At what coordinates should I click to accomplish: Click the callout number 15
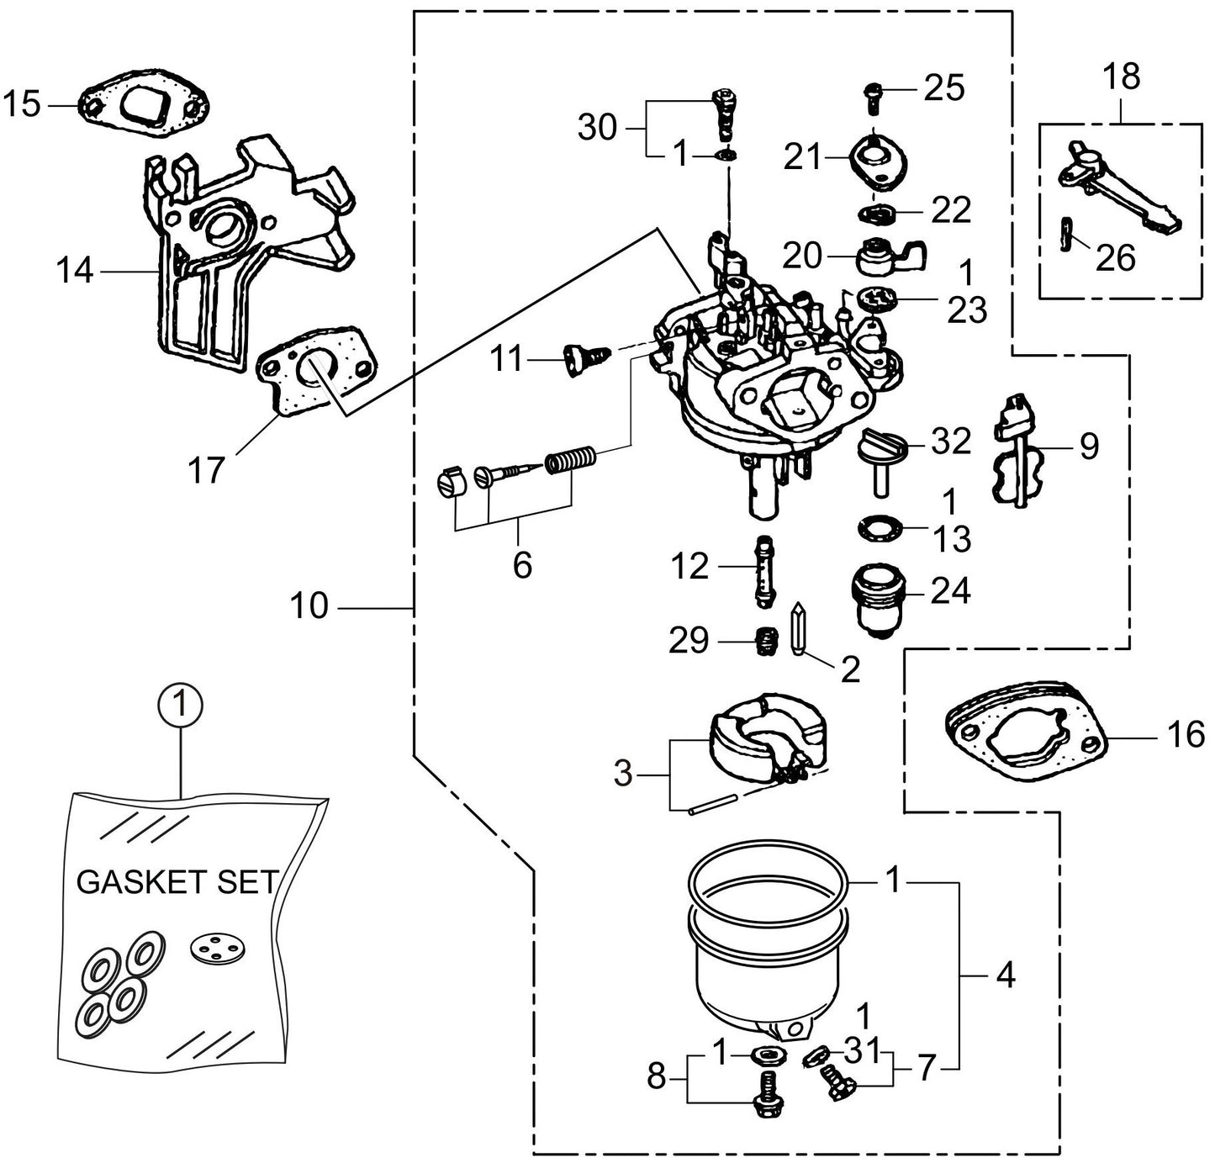(22, 105)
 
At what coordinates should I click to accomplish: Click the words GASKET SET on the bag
(177, 881)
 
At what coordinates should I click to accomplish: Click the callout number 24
(950, 591)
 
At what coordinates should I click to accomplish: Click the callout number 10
(309, 605)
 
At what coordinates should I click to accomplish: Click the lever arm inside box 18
(1119, 188)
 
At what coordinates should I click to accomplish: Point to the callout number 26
(1116, 257)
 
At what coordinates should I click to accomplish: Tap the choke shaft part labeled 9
(1017, 451)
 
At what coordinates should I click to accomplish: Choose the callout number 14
(74, 272)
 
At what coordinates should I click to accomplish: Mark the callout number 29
(689, 641)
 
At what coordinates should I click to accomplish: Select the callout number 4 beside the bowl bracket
(1006, 976)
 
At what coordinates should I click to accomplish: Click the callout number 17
(206, 470)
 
